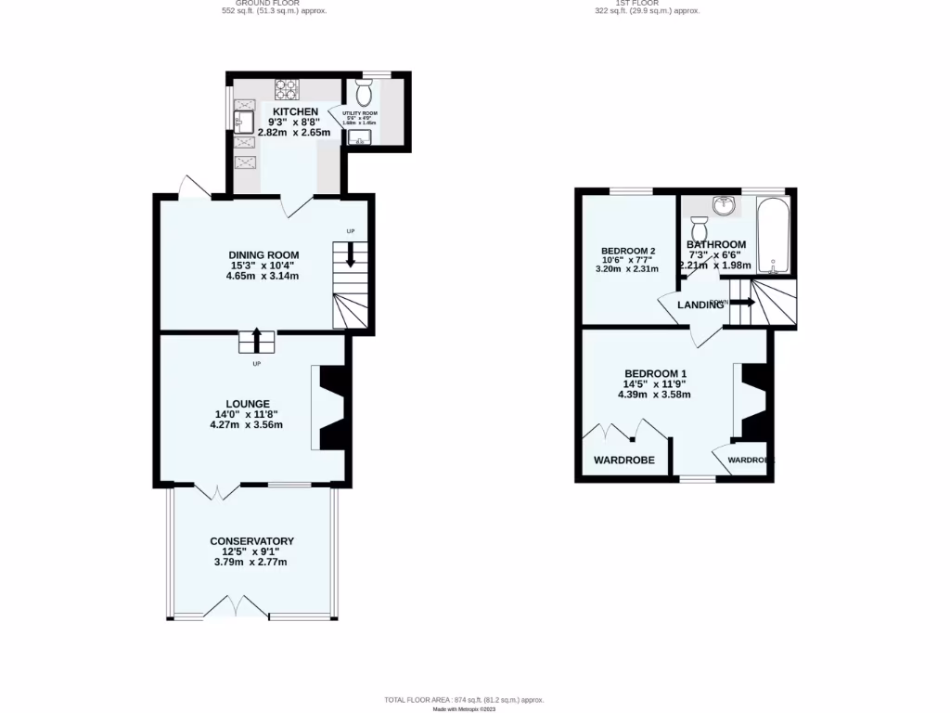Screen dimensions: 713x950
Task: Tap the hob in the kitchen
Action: tap(286, 90)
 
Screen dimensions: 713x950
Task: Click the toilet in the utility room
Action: tap(363, 93)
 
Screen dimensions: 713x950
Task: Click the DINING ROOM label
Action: tap(264, 255)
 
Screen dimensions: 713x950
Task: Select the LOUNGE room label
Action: tap(246, 404)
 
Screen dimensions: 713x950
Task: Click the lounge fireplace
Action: tap(331, 407)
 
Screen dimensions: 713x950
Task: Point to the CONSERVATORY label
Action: tap(251, 541)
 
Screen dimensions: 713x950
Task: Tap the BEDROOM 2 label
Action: tap(628, 251)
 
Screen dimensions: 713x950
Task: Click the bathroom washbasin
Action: tap(723, 204)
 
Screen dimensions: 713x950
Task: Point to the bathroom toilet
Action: tap(700, 227)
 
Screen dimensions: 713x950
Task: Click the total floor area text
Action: tap(464, 699)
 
